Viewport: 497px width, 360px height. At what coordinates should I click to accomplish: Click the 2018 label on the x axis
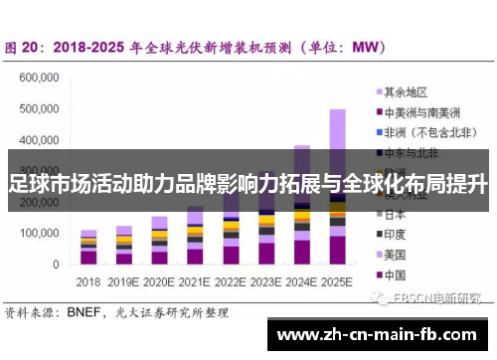pos(88,281)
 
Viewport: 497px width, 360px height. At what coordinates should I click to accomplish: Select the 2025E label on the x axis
pos(337,281)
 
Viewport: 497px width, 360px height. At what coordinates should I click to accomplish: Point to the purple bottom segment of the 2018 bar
pos(88,258)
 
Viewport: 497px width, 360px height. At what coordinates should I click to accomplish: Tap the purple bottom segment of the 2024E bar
pos(301,252)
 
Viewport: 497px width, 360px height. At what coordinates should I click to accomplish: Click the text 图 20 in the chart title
pos(24,47)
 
